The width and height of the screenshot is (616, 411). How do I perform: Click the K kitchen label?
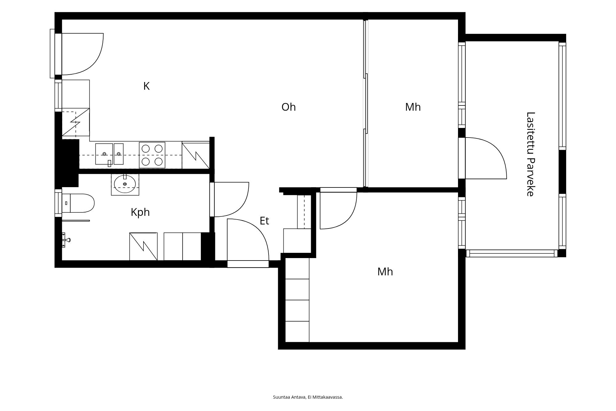[x=146, y=86]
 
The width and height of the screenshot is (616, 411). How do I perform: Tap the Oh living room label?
[x=289, y=107]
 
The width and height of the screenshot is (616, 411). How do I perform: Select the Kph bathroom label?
[x=140, y=212]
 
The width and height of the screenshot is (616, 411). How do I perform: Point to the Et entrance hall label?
[x=264, y=221]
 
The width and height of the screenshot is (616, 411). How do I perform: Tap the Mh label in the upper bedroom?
[x=413, y=107]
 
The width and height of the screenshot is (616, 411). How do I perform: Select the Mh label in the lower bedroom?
[x=385, y=272]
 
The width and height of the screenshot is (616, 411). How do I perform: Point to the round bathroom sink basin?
[x=125, y=184]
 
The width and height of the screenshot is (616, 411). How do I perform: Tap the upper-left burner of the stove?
[x=146, y=149]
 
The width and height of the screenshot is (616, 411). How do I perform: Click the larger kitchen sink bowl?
[x=104, y=154]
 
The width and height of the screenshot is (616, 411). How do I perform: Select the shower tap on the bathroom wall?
[x=66, y=240]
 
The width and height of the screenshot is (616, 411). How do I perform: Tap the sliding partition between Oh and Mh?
[x=366, y=103]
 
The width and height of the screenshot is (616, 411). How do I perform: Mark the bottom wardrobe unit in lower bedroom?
[x=297, y=332]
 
